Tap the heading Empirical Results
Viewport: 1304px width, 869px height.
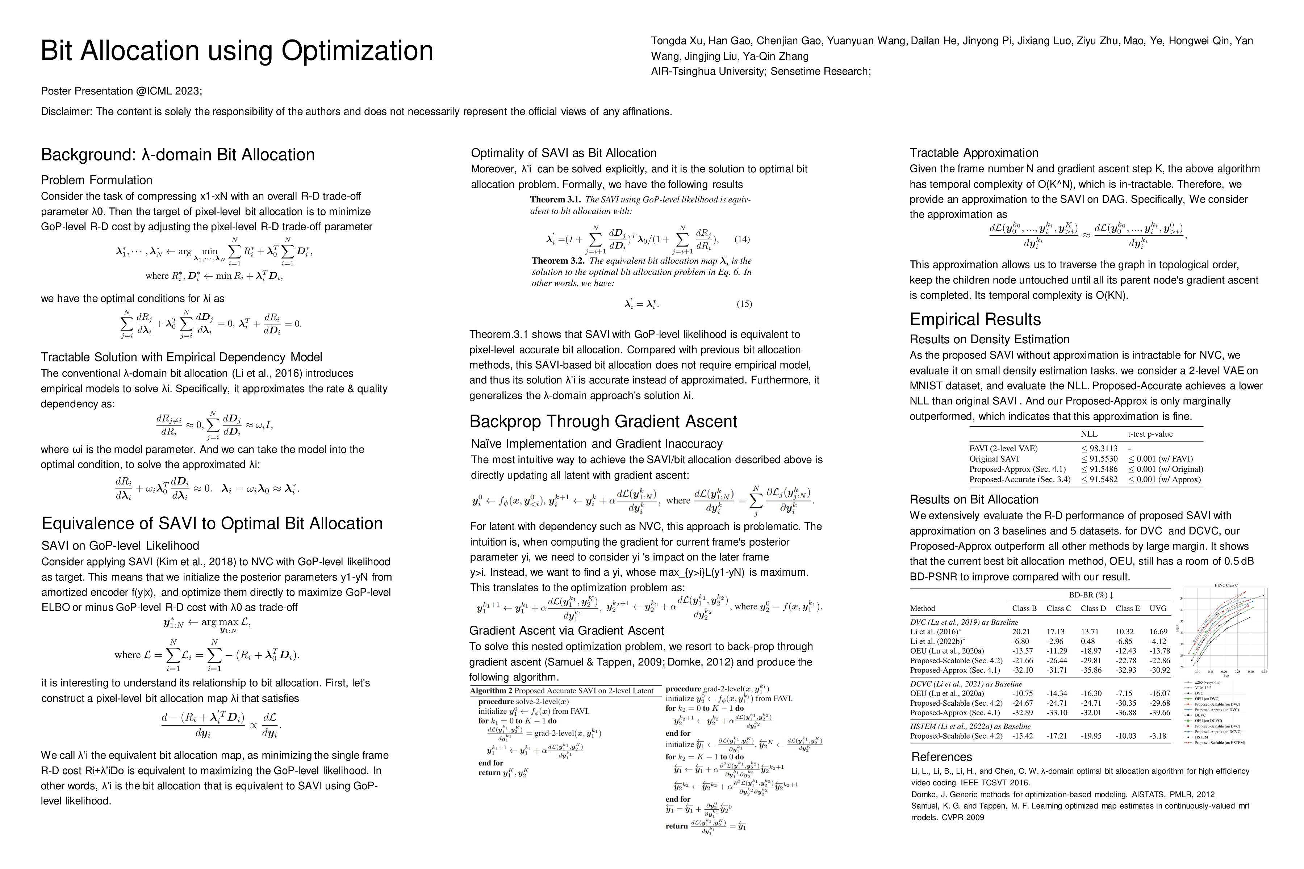975,319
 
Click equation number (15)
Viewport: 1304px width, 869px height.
744,304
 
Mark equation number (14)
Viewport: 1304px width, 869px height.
742,239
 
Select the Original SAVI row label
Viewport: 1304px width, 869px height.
994,458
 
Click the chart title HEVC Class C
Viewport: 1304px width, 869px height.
1226,585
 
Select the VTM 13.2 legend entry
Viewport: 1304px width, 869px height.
1203,688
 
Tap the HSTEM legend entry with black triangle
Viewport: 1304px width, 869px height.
1201,737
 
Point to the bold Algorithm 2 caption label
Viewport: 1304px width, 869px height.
491,690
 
